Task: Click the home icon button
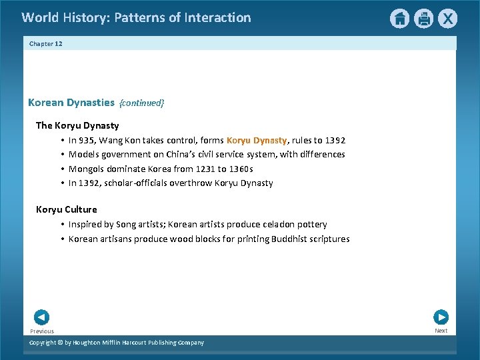click(x=399, y=19)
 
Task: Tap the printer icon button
click(x=424, y=19)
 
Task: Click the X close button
click(x=448, y=19)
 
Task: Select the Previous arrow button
click(x=41, y=317)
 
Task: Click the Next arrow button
click(x=441, y=317)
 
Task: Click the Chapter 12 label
click(x=46, y=43)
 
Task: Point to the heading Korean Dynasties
click(x=71, y=103)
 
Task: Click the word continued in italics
click(x=141, y=103)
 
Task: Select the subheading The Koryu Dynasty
click(x=77, y=125)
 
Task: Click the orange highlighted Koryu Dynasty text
click(x=257, y=140)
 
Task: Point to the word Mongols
click(x=87, y=169)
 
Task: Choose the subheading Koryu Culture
click(x=67, y=209)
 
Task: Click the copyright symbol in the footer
click(x=57, y=343)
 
